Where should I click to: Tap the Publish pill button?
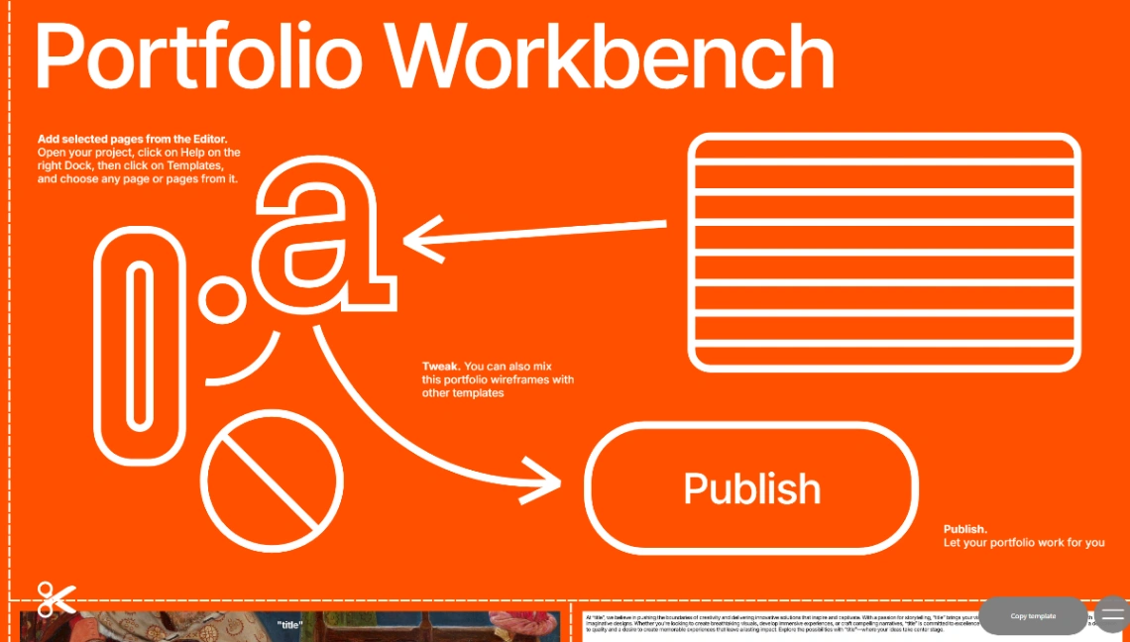pos(751,488)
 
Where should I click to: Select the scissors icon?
pos(56,598)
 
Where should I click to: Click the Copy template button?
pos(1033,616)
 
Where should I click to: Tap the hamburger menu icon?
pos(1113,615)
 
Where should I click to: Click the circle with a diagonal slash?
pos(272,481)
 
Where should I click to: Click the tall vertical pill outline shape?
pos(141,346)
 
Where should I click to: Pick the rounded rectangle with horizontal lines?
pos(884,252)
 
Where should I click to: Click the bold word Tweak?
pos(440,367)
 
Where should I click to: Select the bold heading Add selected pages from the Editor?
pos(139,139)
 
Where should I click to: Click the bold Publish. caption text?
pos(964,529)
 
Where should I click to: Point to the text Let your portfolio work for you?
pos(1023,543)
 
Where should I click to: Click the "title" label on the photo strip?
pos(289,625)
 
